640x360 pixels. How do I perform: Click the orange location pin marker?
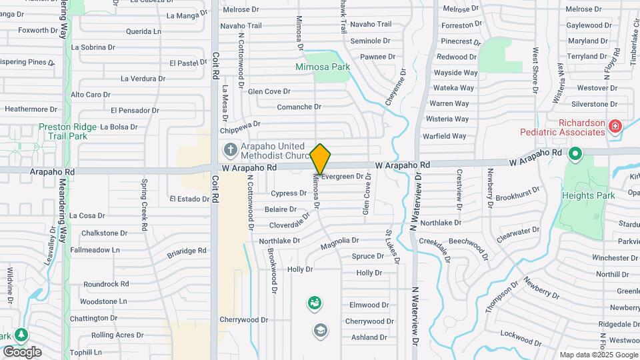coord(321,159)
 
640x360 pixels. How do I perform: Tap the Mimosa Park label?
coord(323,67)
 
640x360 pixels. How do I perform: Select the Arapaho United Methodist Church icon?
coord(230,149)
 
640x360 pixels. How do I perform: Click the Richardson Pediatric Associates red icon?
coord(615,125)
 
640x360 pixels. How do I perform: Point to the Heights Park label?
coord(587,195)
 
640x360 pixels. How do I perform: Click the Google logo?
coord(22,352)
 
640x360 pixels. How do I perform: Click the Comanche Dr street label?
coord(299,107)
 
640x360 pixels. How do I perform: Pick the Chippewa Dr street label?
coord(241,124)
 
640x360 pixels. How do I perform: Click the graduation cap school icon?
coord(321,330)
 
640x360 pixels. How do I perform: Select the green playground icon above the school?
coord(314,304)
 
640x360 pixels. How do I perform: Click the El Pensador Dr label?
coord(135,111)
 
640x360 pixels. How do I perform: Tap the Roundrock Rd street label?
coord(106,284)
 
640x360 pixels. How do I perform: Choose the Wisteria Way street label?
coord(448,119)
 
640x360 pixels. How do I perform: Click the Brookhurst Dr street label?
coord(517,198)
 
